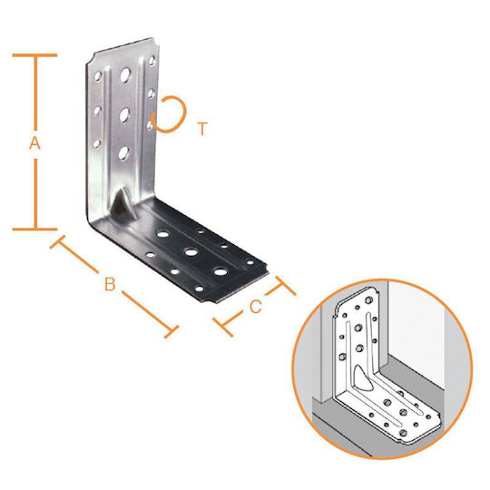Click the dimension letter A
pyautogui.click(x=34, y=143)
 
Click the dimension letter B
pyautogui.click(x=110, y=284)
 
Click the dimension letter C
pyautogui.click(x=255, y=307)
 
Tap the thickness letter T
pyautogui.click(x=202, y=129)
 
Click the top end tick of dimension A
pyautogui.click(x=34, y=55)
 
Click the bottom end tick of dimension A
pyautogui.click(x=34, y=229)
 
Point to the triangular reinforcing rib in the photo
pyautogui.click(x=122, y=202)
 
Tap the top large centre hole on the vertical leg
pyautogui.click(x=125, y=75)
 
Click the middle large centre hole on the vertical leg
pyautogui.click(x=124, y=114)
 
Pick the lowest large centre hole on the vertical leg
pyautogui.click(x=123, y=152)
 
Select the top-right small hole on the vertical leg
pyautogui.click(x=152, y=61)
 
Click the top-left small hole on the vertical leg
pyautogui.click(x=98, y=76)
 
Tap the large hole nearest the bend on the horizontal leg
pyautogui.click(x=162, y=234)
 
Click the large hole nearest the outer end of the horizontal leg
pyautogui.click(x=220, y=271)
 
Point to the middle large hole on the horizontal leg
pyautogui.click(x=191, y=251)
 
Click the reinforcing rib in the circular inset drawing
pyautogui.click(x=362, y=378)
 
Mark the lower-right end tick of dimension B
pyautogui.click(x=171, y=331)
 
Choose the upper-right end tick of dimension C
pyautogui.click(x=285, y=286)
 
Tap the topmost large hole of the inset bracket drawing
pyautogui.click(x=368, y=300)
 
